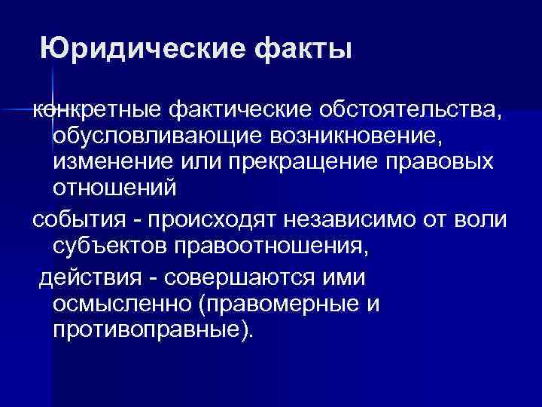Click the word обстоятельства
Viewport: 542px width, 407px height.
point(410,112)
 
